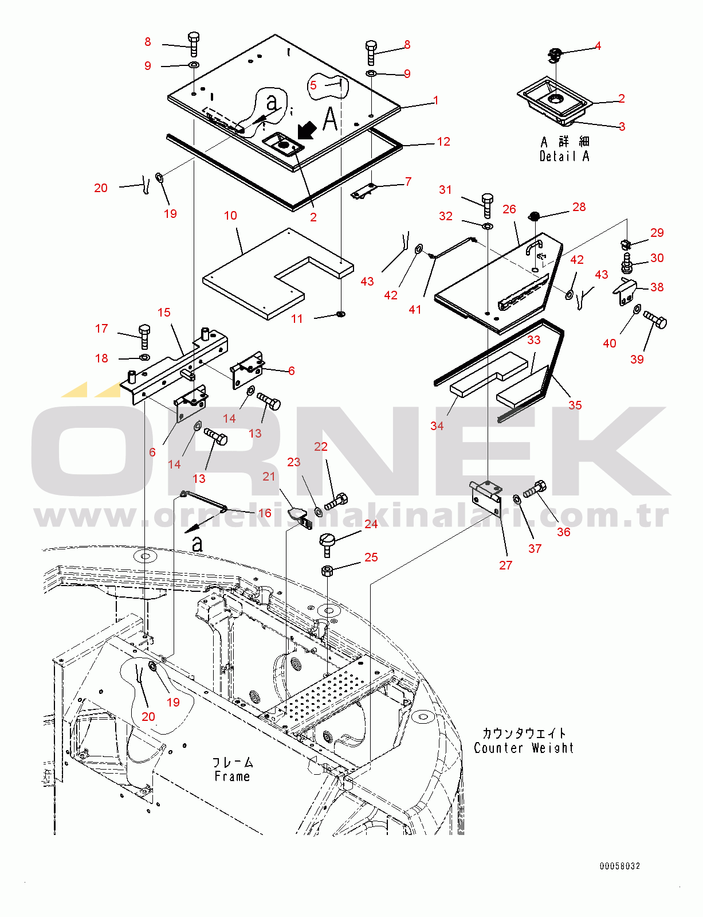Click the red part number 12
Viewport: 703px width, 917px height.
[x=443, y=142]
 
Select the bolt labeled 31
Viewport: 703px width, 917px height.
[x=487, y=205]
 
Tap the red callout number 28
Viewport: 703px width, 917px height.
[x=579, y=207]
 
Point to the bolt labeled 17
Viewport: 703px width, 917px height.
[x=144, y=336]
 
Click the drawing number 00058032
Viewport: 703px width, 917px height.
[x=619, y=867]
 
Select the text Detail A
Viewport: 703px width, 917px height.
[x=564, y=156]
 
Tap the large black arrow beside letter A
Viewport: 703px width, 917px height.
[x=307, y=130]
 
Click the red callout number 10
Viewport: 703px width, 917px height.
[x=230, y=216]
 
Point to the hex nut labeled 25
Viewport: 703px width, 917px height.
[x=327, y=571]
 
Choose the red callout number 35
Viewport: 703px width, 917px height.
[x=575, y=405]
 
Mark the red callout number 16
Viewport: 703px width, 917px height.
[x=265, y=513]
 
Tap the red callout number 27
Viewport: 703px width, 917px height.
[x=505, y=565]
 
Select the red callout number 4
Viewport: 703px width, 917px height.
[x=598, y=46]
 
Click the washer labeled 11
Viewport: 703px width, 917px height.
[x=340, y=314]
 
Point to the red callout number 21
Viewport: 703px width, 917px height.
[x=269, y=477]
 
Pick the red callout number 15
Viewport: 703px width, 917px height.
[x=164, y=313]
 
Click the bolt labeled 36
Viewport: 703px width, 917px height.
[x=535, y=489]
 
